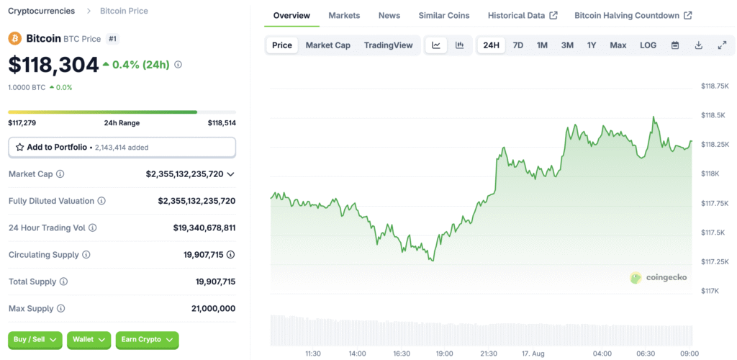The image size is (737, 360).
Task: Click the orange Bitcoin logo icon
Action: tap(14, 38)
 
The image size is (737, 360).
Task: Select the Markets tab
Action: tap(344, 15)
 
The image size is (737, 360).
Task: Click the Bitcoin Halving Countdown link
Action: tap(633, 15)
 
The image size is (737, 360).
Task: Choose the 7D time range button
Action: tap(517, 45)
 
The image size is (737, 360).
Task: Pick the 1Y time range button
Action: tap(592, 45)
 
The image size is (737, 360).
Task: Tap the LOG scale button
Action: tap(648, 45)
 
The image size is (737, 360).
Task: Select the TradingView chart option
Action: tap(388, 45)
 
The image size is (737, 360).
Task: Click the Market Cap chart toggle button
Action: tap(327, 45)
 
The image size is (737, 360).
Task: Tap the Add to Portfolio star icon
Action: tap(19, 147)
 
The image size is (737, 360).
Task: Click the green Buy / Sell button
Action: tap(35, 340)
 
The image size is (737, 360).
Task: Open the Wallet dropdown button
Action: tap(89, 340)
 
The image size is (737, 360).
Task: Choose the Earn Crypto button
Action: tap(147, 340)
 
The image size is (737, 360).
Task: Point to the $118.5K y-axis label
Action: tap(713, 115)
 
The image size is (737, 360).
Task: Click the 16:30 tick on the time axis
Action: tap(401, 354)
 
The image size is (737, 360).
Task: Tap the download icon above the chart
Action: tap(698, 45)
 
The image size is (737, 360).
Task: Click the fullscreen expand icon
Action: tap(722, 45)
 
